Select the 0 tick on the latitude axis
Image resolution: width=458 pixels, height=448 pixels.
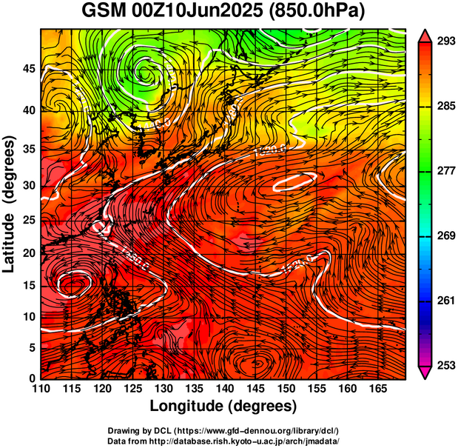(33, 378)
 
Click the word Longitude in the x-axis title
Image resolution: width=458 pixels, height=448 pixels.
(188, 407)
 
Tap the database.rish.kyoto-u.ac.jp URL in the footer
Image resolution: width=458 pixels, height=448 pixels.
(259, 440)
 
